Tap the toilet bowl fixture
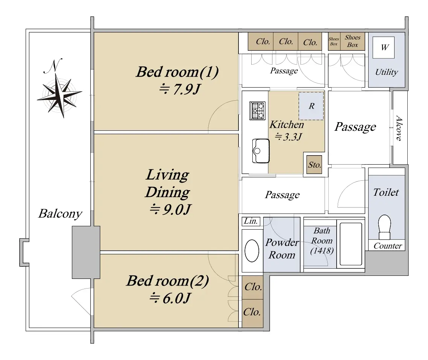385,227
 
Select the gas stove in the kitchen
257,111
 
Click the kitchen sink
261,151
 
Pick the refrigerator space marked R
311,106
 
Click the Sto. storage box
314,165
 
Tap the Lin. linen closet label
250,221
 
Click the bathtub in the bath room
351,244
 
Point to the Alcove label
399,128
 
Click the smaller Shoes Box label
334,41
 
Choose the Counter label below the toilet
388,246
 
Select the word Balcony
60,213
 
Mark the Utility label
386,72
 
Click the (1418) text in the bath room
322,250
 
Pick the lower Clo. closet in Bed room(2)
252,313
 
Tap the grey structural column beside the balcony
86,252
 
